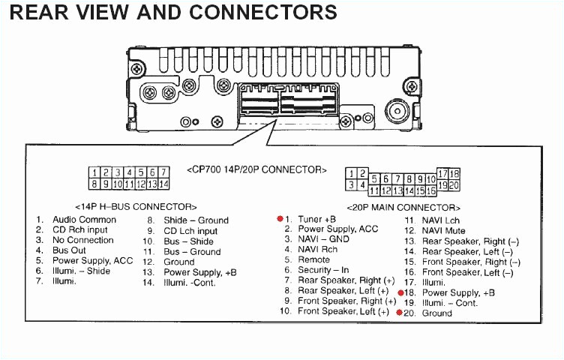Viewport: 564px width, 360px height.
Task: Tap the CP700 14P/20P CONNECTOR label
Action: pos(256,170)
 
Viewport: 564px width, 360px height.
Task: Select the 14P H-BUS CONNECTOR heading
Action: pos(136,206)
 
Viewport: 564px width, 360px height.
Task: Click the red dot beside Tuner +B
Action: pos(280,219)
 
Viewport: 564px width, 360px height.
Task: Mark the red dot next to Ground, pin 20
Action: pos(399,312)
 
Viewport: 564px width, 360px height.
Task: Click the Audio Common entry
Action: pos(84,220)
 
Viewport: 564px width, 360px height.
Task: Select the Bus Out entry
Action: pos(69,250)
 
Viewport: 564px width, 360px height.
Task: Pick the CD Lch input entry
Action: pos(190,231)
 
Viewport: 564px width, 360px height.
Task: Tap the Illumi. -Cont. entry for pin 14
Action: pos(189,283)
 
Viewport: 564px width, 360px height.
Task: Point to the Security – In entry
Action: pos(323,270)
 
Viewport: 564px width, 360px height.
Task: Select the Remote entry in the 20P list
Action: pos(313,259)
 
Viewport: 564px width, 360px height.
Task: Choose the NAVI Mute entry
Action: pos(443,231)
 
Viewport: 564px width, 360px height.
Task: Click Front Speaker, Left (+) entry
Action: pos(343,311)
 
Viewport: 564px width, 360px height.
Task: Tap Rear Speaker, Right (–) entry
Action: pos(470,241)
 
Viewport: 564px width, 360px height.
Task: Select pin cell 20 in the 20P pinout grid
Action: pos(454,184)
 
